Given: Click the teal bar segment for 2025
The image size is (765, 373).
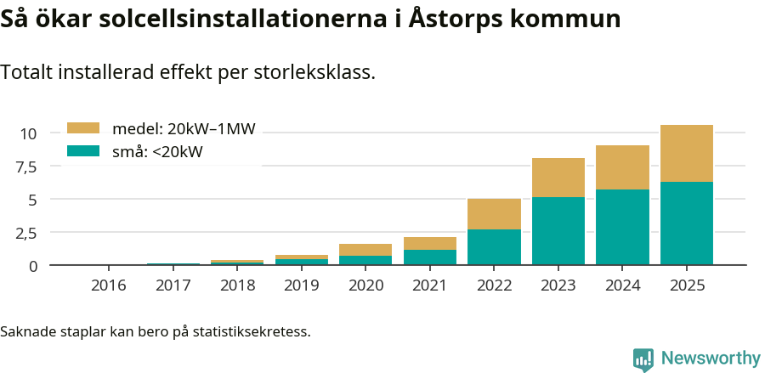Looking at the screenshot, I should (x=686, y=223).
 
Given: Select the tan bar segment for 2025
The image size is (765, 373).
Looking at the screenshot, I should (x=686, y=153).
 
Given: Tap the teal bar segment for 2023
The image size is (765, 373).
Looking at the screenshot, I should (x=558, y=230).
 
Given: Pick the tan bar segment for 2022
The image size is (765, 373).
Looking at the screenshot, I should (x=494, y=214).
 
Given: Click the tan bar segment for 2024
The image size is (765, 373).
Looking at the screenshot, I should (x=622, y=167).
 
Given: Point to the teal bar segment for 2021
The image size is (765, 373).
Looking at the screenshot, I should (x=429, y=257).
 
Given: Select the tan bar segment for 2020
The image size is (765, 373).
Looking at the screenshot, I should (x=365, y=250).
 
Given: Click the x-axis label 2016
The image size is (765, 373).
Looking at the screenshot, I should (x=108, y=285).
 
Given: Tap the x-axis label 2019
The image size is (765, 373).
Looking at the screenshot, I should (x=301, y=285).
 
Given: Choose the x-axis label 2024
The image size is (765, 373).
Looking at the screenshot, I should (x=622, y=285).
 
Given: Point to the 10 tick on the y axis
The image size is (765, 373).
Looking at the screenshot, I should (x=29, y=133).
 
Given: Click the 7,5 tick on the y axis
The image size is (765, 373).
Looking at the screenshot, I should (x=25, y=167).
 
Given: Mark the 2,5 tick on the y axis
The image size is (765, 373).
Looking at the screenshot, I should (x=25, y=233).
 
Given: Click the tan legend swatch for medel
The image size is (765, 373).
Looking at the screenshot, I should (x=83, y=128).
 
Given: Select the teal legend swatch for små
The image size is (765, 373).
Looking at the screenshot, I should (x=83, y=151).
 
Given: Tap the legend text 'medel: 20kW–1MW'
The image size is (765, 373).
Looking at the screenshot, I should (x=184, y=129).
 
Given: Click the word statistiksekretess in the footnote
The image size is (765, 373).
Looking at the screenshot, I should (x=251, y=331).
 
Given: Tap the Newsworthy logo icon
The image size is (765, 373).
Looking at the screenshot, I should (x=643, y=359).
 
